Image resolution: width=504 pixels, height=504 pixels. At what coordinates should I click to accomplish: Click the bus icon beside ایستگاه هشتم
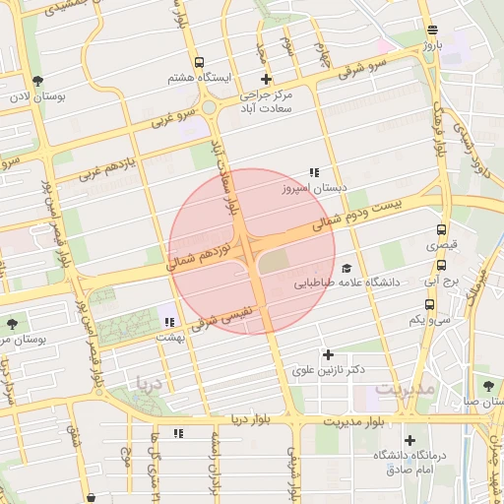pos(200,62)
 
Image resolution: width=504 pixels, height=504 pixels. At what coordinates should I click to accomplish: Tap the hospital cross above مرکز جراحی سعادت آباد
pos(265,80)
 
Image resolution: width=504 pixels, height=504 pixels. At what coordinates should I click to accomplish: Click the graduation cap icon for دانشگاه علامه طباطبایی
pos(346,268)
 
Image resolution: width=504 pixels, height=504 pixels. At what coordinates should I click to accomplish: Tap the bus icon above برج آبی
pos(441,265)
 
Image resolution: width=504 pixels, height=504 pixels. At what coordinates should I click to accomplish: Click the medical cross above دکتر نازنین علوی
pos(328,354)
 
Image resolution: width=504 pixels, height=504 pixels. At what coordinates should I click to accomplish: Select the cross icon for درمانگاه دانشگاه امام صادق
pos(410,440)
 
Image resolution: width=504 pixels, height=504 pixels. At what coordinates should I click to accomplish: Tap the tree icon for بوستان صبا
pos(487,384)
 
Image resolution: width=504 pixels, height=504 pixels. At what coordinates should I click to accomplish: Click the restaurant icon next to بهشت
pos(169,322)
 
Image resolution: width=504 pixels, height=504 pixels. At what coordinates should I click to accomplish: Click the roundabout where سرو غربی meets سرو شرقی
pos(209,108)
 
